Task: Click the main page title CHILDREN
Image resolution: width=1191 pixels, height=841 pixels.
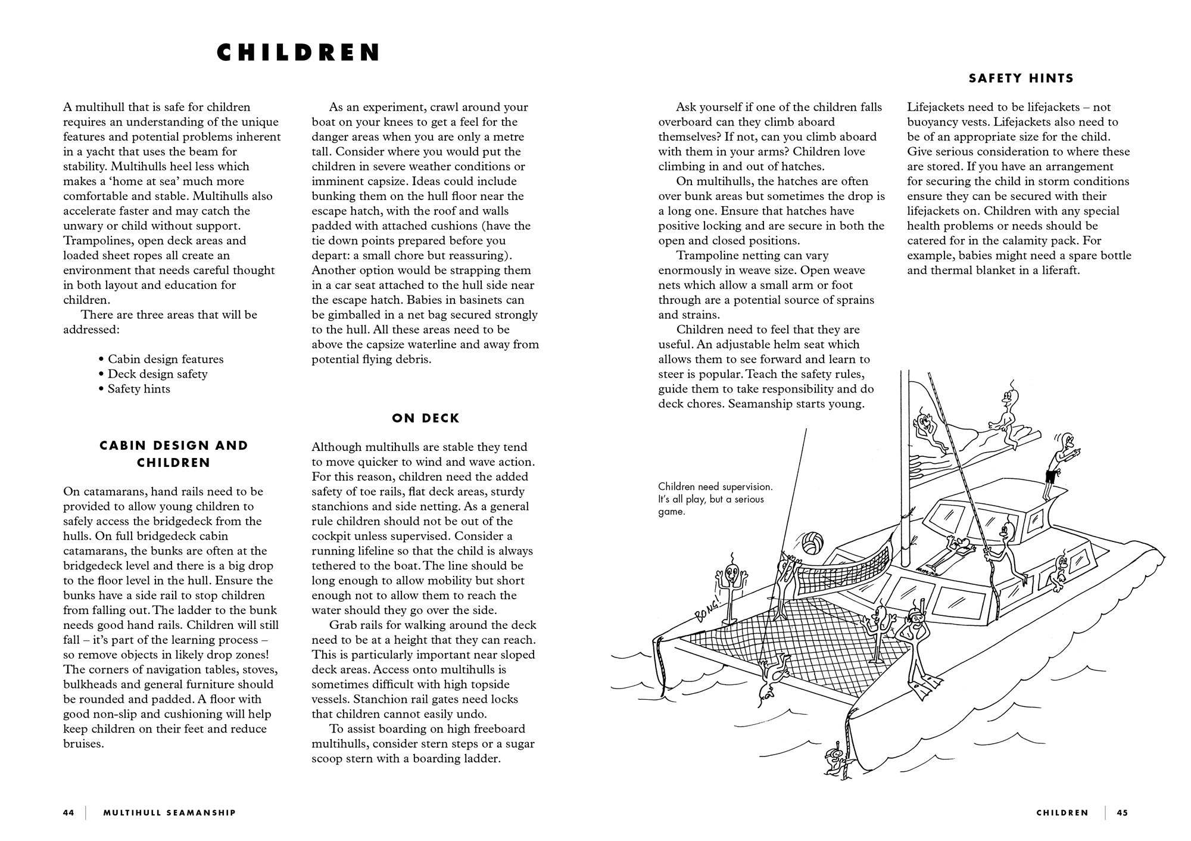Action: [x=298, y=52]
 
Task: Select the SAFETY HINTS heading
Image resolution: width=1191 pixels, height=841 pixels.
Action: [x=1021, y=78]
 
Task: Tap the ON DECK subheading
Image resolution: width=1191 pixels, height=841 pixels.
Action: [x=425, y=418]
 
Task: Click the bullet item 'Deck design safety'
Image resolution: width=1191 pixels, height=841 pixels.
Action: [x=157, y=374]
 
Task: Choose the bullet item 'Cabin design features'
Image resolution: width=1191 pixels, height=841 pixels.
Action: [x=166, y=359]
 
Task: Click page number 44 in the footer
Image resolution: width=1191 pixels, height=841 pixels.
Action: [x=68, y=812]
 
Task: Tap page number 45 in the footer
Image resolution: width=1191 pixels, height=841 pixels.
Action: [x=1122, y=812]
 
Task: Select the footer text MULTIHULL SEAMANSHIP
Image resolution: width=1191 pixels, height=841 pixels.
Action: [x=169, y=812]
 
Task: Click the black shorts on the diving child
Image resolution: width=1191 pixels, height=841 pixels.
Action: [x=1053, y=477]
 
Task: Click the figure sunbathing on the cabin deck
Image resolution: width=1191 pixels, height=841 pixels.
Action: [x=947, y=553]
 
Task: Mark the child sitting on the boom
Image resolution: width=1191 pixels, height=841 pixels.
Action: [x=1006, y=417]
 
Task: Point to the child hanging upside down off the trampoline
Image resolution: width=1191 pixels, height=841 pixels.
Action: [x=773, y=673]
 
